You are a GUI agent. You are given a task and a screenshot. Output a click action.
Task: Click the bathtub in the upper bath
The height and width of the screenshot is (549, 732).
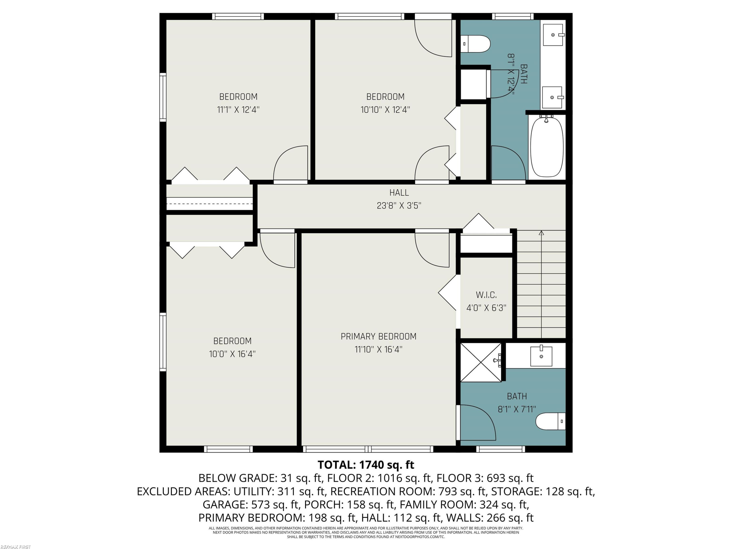(547, 147)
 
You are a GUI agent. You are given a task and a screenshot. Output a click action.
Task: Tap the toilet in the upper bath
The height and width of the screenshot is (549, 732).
(476, 44)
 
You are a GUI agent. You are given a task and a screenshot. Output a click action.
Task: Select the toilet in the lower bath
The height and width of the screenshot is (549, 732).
(550, 421)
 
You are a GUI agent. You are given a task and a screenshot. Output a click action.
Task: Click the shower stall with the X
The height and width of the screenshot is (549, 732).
(481, 362)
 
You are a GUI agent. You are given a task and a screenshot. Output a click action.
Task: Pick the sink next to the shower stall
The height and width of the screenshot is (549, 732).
(541, 356)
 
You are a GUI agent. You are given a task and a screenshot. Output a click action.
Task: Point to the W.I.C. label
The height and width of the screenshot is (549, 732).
(486, 295)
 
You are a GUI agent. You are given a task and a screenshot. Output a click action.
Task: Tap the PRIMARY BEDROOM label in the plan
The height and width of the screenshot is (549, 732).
(379, 336)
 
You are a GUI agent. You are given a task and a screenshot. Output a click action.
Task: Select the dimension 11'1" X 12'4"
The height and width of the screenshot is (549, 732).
(238, 110)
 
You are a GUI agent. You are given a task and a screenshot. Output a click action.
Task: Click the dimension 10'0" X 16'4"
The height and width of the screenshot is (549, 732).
(232, 354)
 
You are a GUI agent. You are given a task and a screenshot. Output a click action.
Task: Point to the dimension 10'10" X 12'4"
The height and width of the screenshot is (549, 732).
(385, 110)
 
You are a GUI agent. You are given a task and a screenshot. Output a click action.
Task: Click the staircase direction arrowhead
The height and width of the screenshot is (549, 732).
(541, 233)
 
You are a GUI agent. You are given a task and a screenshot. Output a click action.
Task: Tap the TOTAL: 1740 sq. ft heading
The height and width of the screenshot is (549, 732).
(366, 465)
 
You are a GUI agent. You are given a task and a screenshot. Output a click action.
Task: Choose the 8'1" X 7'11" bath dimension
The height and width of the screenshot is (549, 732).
(517, 409)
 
